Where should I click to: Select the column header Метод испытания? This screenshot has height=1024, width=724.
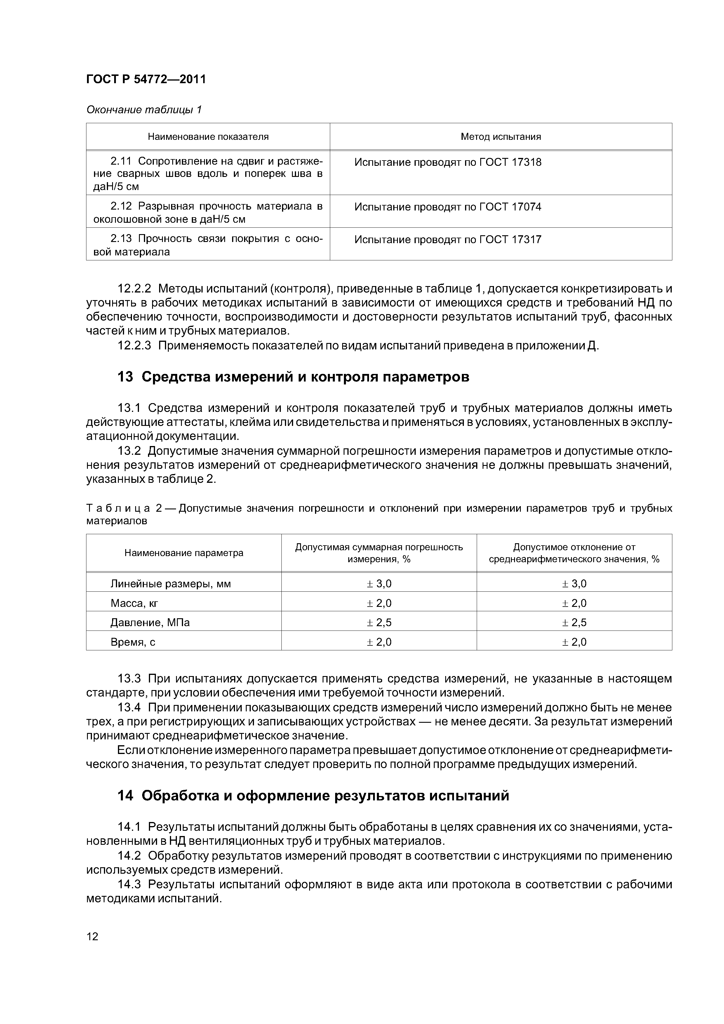click(500, 137)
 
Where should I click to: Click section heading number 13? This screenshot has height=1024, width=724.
click(125, 377)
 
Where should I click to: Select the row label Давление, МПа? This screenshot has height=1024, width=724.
click(150, 623)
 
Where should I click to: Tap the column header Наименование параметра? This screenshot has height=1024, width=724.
click(184, 553)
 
